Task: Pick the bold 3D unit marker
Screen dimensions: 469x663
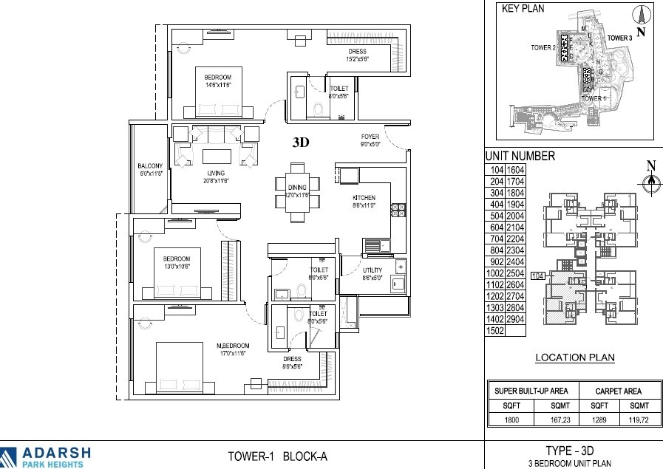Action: (x=300, y=144)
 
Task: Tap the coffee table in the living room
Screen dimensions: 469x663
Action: (x=217, y=157)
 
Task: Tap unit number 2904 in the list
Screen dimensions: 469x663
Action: (x=514, y=319)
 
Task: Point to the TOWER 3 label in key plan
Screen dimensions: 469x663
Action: (x=619, y=38)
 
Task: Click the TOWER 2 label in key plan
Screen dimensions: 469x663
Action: (x=543, y=48)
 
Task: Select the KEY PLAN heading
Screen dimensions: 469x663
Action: (x=523, y=10)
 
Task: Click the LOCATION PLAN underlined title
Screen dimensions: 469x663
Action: (x=575, y=358)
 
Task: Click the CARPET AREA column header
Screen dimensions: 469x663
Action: (x=619, y=391)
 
